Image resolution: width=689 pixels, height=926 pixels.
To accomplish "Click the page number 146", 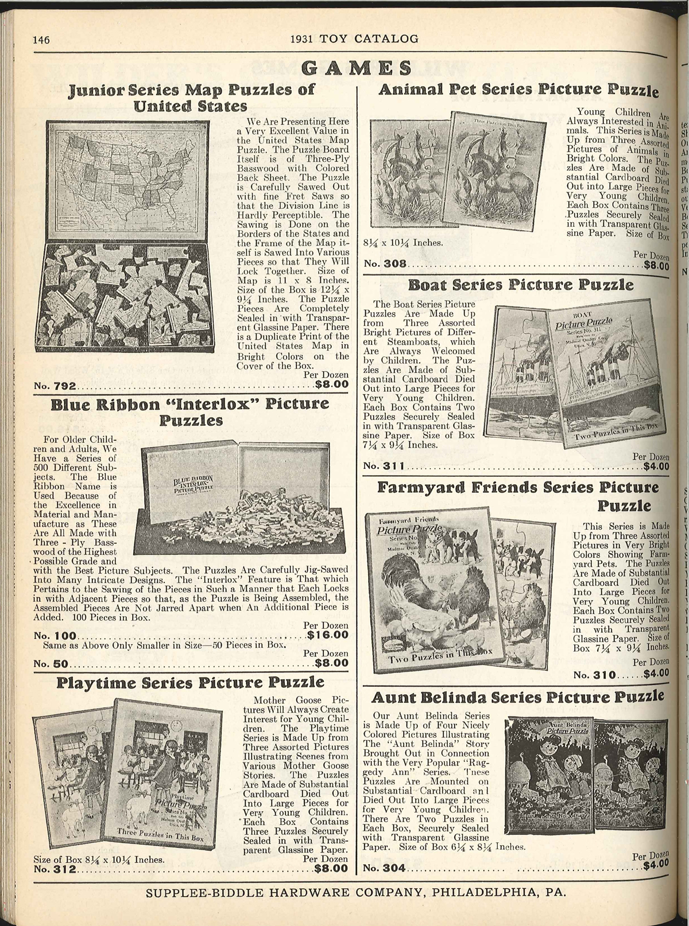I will click(42, 40).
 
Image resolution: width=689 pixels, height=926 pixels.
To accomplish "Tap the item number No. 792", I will click(53, 385).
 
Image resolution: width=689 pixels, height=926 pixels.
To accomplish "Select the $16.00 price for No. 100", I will click(328, 635).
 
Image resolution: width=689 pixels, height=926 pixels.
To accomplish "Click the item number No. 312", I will click(56, 869).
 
